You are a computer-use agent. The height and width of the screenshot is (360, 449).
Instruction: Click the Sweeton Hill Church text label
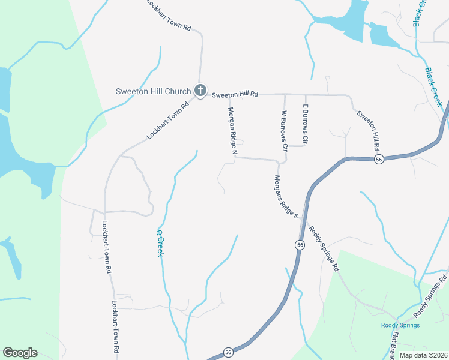click(x=153, y=92)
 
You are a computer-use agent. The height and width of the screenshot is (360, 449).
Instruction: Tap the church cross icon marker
click(x=200, y=91)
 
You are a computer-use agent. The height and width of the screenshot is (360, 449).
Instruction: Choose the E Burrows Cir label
click(x=305, y=124)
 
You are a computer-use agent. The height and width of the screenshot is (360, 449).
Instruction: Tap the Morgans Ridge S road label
click(x=286, y=196)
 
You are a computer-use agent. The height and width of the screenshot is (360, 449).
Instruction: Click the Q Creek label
click(x=160, y=244)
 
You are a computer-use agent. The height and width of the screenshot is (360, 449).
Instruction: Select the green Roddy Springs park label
click(x=400, y=326)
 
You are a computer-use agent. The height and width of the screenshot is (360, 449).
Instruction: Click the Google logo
click(x=20, y=353)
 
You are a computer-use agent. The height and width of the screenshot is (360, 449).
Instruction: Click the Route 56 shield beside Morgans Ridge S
click(x=300, y=245)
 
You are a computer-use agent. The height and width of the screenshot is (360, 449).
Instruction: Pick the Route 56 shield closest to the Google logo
click(x=228, y=352)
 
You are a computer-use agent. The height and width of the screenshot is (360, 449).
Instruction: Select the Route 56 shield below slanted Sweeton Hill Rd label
click(x=378, y=159)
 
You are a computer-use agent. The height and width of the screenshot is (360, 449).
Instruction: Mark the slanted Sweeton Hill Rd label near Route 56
click(x=368, y=130)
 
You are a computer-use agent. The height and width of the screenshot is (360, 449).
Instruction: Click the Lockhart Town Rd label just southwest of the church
click(x=167, y=120)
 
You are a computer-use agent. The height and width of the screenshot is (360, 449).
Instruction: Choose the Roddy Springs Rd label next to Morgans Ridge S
click(x=324, y=248)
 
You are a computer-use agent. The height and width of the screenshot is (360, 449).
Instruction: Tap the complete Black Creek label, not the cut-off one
click(x=433, y=87)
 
